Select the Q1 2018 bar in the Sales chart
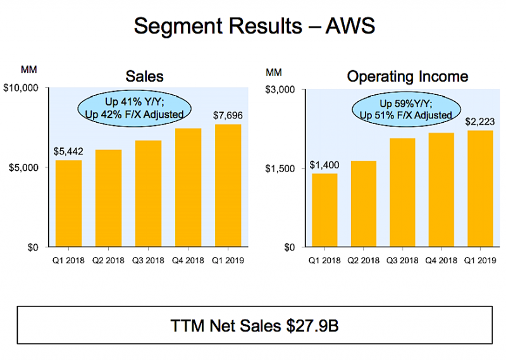point(68,203)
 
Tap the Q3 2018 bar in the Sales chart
point(147,193)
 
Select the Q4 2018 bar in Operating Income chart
point(441,190)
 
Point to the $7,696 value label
point(226,116)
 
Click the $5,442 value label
point(68,152)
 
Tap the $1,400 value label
point(324,165)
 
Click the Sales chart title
point(144,77)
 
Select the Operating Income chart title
point(407,77)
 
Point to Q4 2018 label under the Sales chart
point(187,259)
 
